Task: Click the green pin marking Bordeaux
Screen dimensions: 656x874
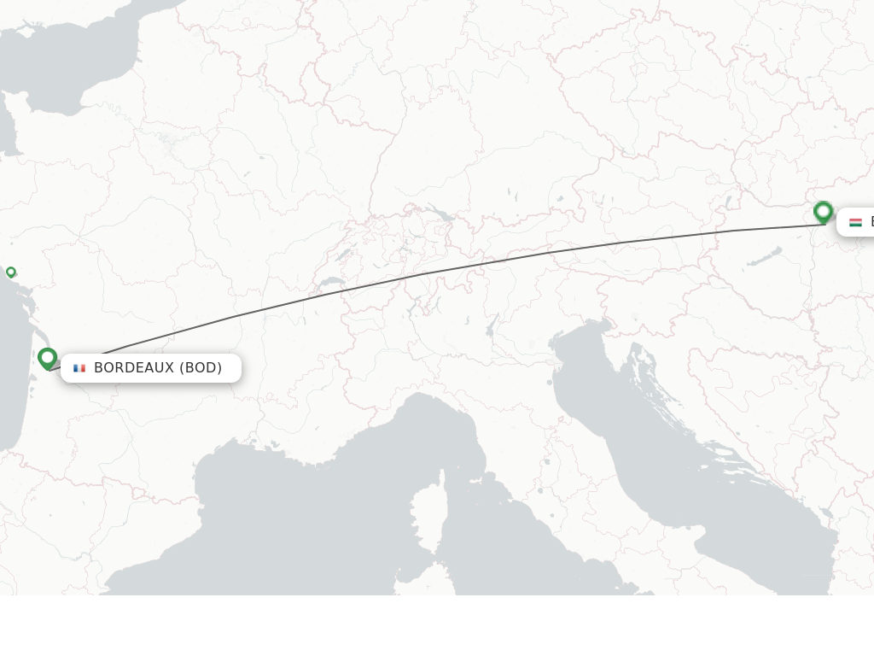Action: click(47, 359)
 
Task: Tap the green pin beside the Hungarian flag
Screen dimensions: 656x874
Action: click(823, 211)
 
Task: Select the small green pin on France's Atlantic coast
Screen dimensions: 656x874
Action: click(10, 272)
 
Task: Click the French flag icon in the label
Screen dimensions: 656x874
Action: click(79, 368)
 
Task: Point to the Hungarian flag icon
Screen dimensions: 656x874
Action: click(855, 222)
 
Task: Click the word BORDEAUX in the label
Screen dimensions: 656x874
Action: click(134, 368)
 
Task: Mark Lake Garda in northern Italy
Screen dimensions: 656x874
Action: click(491, 325)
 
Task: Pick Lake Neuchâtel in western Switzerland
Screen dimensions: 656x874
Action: click(346, 254)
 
